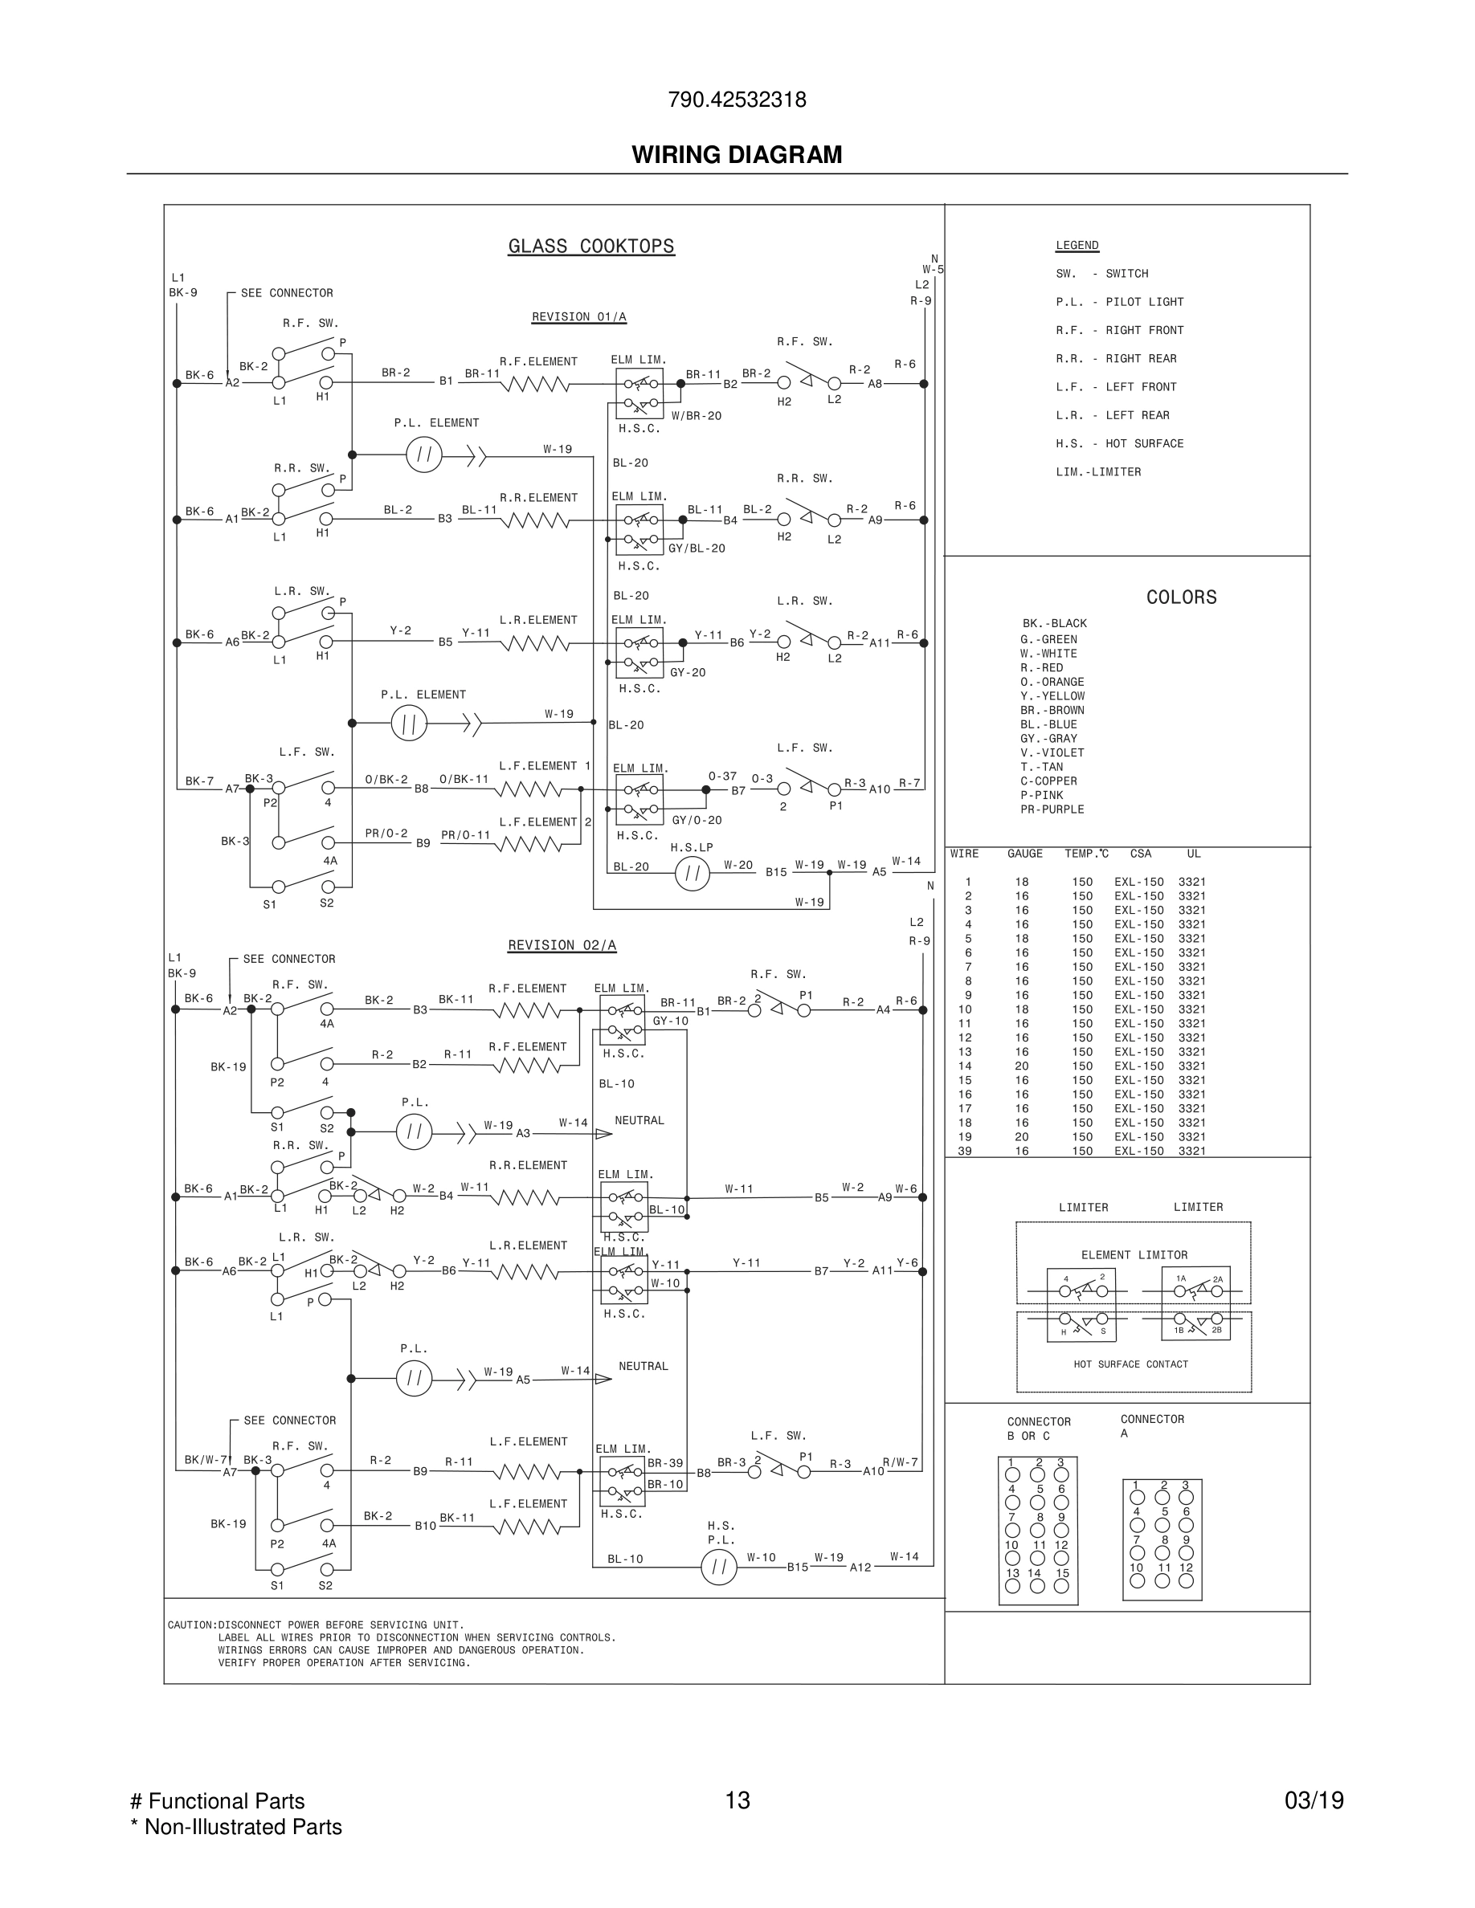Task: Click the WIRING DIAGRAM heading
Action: click(x=737, y=155)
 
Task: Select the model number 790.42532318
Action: click(x=737, y=100)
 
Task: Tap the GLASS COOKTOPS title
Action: click(x=590, y=247)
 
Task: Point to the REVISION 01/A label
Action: click(x=578, y=317)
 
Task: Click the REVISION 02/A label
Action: click(x=562, y=945)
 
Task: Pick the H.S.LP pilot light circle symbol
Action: click(x=692, y=873)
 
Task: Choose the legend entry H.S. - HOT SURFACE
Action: click(x=1119, y=444)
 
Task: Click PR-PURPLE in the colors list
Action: click(x=1052, y=809)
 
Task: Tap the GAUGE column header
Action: click(x=1024, y=854)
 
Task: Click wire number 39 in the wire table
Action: click(x=966, y=1152)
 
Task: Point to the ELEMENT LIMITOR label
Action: click(x=1134, y=1255)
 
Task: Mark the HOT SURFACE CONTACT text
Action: click(x=1130, y=1364)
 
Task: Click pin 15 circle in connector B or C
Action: click(x=1062, y=1587)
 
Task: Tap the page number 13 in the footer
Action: click(x=737, y=1800)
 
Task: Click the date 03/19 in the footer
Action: click(x=1314, y=1800)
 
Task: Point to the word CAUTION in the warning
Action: click(x=191, y=1626)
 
